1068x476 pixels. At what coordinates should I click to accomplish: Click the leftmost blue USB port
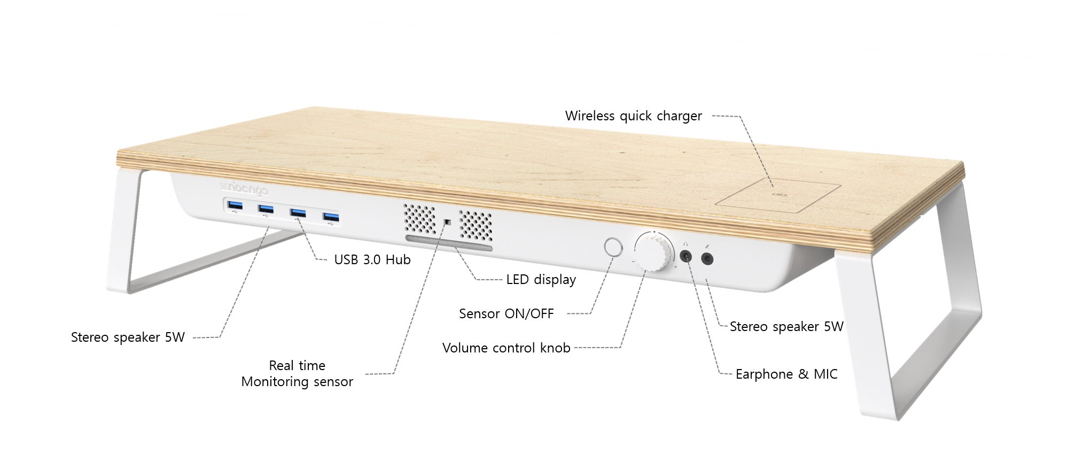(x=235, y=205)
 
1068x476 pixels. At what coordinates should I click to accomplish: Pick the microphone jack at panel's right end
(x=707, y=259)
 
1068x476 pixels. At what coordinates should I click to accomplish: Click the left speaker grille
(x=419, y=218)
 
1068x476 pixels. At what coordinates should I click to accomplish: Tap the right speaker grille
(x=475, y=225)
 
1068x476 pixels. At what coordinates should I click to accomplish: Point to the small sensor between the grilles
(x=448, y=221)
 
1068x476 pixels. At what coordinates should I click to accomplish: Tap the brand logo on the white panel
(x=244, y=188)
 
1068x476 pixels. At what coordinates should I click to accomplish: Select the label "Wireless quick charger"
(x=633, y=116)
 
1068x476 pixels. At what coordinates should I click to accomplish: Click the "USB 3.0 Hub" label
(x=372, y=260)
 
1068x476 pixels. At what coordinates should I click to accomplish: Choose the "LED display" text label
(x=541, y=280)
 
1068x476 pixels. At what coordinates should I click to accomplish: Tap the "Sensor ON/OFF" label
(x=506, y=314)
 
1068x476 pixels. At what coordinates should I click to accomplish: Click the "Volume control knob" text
(x=506, y=348)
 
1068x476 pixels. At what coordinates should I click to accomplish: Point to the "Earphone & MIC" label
(x=786, y=374)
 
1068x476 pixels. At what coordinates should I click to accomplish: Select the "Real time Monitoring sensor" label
(x=297, y=374)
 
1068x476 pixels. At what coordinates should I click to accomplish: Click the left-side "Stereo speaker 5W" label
(x=128, y=337)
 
